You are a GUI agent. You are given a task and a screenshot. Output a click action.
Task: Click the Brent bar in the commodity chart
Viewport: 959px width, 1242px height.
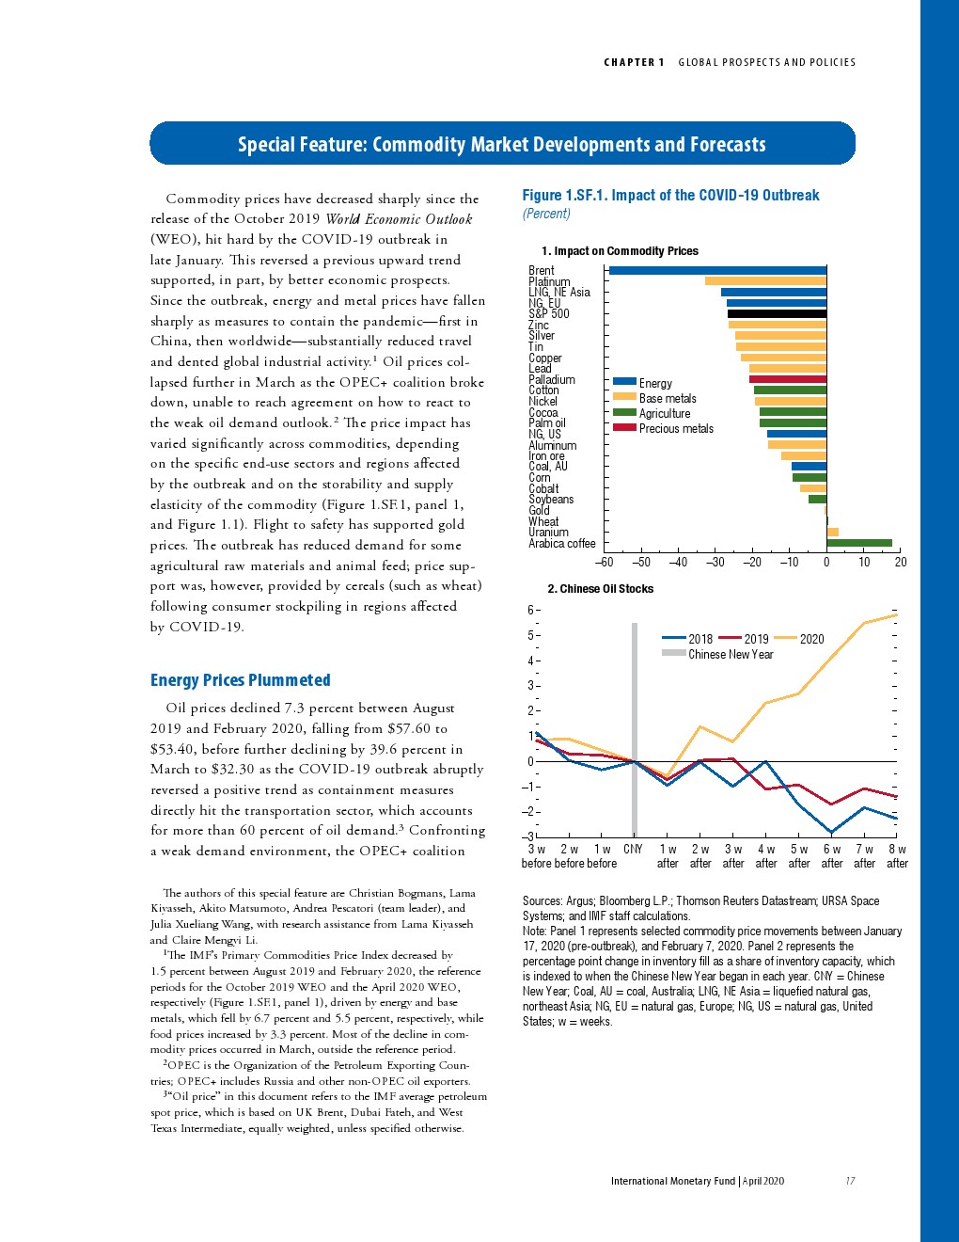pyautogui.click(x=717, y=270)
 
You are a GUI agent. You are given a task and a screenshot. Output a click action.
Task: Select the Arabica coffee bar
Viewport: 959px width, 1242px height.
pyautogui.click(x=858, y=543)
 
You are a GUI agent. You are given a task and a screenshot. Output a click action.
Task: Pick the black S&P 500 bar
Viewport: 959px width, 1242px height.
pyautogui.click(x=777, y=313)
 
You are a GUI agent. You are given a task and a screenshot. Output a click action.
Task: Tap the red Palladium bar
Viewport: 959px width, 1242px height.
pyautogui.click(x=787, y=379)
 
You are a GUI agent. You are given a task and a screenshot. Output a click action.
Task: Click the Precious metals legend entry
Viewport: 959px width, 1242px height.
pyautogui.click(x=675, y=428)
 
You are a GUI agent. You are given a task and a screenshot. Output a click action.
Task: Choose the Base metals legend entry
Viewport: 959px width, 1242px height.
pyautogui.click(x=667, y=398)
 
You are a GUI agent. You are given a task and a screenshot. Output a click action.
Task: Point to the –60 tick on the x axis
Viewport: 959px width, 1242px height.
pyautogui.click(x=604, y=563)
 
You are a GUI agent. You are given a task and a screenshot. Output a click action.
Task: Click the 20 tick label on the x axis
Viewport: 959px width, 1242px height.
pyautogui.click(x=901, y=563)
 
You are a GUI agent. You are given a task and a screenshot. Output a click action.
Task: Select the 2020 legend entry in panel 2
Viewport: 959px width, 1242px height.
pyautogui.click(x=811, y=639)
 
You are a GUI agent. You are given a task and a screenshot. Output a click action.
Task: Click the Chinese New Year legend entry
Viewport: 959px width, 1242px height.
pyautogui.click(x=730, y=654)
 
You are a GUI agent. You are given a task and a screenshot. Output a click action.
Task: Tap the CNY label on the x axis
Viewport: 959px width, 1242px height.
pyautogui.click(x=634, y=849)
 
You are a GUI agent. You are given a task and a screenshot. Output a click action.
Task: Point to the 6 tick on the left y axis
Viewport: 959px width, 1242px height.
pyautogui.click(x=530, y=610)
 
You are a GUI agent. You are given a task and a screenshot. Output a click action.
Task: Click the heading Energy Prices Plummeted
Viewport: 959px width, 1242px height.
pyautogui.click(x=240, y=680)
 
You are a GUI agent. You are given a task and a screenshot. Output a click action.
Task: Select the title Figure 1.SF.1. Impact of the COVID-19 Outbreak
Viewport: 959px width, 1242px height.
pyautogui.click(x=670, y=196)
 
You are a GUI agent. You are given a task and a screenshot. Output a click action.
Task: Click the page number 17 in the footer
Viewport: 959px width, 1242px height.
pyautogui.click(x=850, y=1181)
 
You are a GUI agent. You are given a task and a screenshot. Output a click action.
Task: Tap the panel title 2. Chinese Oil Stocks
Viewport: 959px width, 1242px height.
pyautogui.click(x=600, y=589)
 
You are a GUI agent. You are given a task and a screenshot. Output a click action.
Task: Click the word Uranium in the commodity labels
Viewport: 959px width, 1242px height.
pyautogui.click(x=548, y=533)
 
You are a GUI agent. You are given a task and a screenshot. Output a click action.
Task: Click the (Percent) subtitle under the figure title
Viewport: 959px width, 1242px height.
pyautogui.click(x=546, y=214)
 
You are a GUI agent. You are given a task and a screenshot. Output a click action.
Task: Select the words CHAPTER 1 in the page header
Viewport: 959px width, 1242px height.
pyautogui.click(x=634, y=62)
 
